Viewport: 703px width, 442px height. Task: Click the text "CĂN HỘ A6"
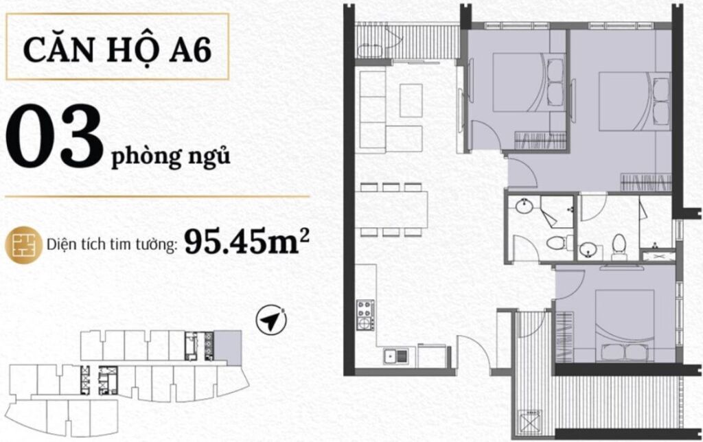tap(117, 49)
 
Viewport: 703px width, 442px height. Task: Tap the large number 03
tap(55, 137)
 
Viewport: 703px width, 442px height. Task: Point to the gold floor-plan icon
tap(24, 245)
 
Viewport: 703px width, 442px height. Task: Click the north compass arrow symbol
tap(271, 321)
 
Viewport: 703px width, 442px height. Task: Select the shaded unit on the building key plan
tap(228, 347)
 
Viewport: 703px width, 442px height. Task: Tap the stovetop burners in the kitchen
tap(365, 315)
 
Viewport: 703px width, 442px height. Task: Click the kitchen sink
tap(396, 356)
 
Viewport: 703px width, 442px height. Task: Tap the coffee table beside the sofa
tap(411, 100)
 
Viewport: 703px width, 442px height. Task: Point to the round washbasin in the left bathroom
tap(522, 207)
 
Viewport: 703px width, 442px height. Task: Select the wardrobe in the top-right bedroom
tap(646, 182)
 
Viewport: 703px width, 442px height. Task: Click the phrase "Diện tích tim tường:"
tap(112, 245)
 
